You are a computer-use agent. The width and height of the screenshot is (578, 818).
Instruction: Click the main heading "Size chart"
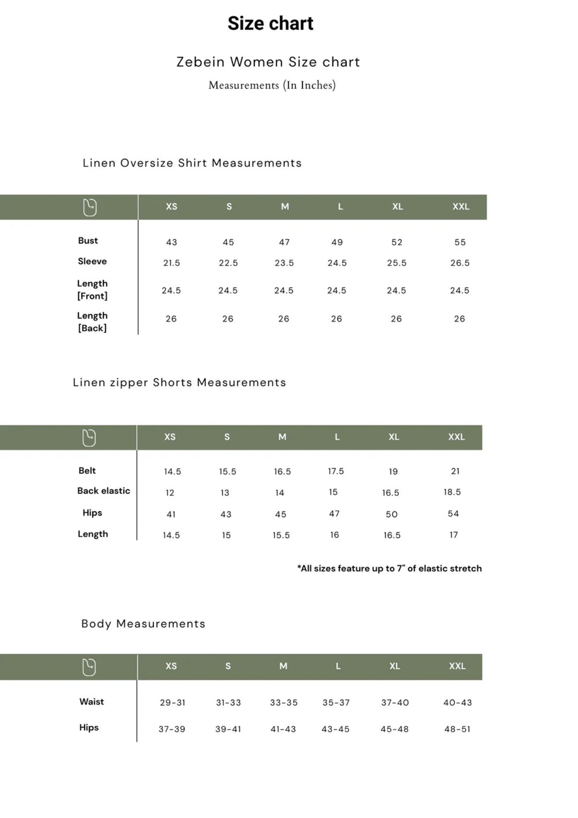tap(270, 23)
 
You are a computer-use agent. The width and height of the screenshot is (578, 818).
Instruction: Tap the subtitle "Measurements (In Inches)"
tap(272, 85)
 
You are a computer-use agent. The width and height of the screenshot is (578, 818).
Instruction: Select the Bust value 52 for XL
tap(397, 242)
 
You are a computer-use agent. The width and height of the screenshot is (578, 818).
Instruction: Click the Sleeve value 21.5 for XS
tap(171, 263)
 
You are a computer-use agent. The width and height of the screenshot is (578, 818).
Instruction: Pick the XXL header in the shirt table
tap(461, 207)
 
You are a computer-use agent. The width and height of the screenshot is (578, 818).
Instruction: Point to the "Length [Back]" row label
tap(92, 322)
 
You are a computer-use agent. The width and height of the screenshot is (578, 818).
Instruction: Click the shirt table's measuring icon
tap(90, 207)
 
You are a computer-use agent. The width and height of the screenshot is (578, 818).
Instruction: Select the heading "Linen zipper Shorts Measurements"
tap(179, 382)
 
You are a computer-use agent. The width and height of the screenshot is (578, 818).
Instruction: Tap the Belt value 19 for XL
tap(393, 471)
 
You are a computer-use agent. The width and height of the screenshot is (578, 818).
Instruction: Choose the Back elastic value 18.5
tap(452, 492)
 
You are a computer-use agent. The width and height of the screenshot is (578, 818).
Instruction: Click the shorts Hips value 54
tap(453, 514)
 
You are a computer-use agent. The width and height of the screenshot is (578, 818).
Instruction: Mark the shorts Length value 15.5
tap(281, 535)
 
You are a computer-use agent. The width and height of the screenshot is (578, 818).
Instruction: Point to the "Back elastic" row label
tap(103, 491)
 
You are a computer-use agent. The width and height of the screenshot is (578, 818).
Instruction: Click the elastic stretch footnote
tap(389, 568)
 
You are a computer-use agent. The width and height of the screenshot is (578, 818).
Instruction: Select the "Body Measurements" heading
tap(143, 624)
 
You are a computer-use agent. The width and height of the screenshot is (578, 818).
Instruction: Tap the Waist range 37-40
tap(395, 702)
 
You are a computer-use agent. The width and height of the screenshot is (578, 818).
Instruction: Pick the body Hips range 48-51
tap(457, 729)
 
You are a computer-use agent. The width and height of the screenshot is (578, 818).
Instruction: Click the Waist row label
tap(91, 702)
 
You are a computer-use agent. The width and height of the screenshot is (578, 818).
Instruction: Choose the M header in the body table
tap(283, 666)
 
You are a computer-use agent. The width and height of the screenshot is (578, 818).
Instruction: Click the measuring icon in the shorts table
tap(89, 438)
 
